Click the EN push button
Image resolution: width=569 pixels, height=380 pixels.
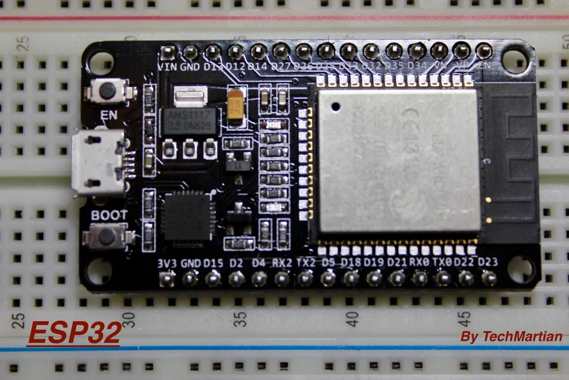click(x=107, y=90)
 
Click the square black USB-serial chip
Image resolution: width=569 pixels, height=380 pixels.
click(x=186, y=216)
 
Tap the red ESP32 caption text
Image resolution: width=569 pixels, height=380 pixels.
click(x=74, y=334)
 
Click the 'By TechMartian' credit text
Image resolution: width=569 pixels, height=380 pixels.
click(x=511, y=337)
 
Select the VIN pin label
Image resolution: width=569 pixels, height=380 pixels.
click(x=167, y=67)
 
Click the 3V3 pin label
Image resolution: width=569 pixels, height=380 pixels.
click(x=167, y=263)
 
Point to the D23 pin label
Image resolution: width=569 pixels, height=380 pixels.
click(x=488, y=262)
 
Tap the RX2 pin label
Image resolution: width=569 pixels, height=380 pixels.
click(x=282, y=263)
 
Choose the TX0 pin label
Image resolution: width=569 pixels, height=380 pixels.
click(x=442, y=262)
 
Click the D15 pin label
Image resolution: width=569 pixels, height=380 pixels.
click(x=213, y=263)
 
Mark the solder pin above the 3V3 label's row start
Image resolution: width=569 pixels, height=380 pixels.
click(x=167, y=278)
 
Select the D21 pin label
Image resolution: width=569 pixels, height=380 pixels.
click(x=396, y=262)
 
